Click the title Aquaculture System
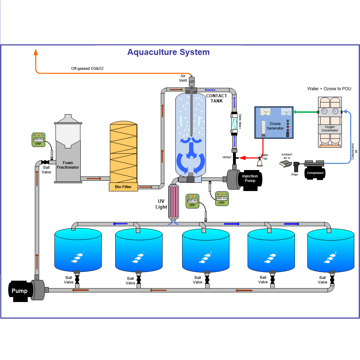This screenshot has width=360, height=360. (x=168, y=52)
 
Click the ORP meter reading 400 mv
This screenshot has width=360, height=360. (x=38, y=139)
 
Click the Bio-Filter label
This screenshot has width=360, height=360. (x=123, y=186)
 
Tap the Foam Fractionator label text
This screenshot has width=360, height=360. (x=68, y=165)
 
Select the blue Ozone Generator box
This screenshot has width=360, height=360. (x=274, y=122)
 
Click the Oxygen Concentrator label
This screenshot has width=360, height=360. (x=329, y=128)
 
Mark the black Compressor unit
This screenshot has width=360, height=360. (x=315, y=173)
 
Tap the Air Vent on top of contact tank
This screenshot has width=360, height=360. (x=191, y=81)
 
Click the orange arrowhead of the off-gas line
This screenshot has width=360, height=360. (x=36, y=52)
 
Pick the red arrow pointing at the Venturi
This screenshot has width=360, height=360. (x=242, y=158)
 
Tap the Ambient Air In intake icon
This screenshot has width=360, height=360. (x=285, y=163)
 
